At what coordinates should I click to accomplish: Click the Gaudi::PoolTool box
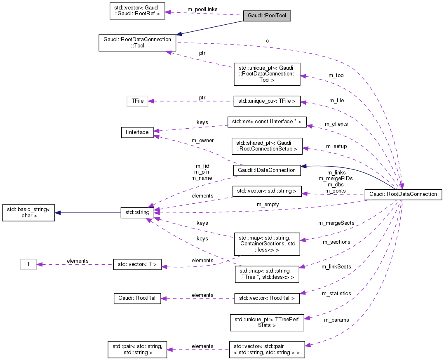point(267,16)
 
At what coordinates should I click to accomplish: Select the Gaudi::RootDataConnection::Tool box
point(137,42)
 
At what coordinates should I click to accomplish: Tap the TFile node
point(137,101)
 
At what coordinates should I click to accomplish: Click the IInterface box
point(137,132)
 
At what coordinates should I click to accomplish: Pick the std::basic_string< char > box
point(28,213)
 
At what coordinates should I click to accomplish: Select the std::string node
point(137,213)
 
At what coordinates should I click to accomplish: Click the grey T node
point(28,264)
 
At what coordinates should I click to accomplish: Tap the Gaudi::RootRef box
point(137,299)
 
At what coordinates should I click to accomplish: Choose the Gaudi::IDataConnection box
point(267,170)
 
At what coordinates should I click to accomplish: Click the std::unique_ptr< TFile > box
point(267,101)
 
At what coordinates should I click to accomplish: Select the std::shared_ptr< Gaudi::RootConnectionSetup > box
point(267,146)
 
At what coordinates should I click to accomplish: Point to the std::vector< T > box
point(137,264)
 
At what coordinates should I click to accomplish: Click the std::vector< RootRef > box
point(267,299)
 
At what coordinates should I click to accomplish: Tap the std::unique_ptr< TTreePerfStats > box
point(267,322)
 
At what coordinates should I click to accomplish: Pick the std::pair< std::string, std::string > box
point(137,349)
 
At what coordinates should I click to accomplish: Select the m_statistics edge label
point(336,293)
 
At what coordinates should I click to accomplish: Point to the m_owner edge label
point(203,141)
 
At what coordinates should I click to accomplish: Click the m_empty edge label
point(268,204)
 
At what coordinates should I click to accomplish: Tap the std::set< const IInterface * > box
point(267,122)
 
